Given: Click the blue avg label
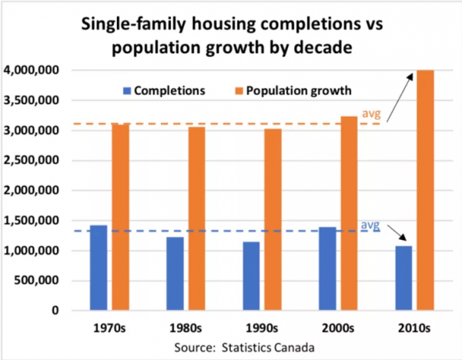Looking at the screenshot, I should point(370,225).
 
